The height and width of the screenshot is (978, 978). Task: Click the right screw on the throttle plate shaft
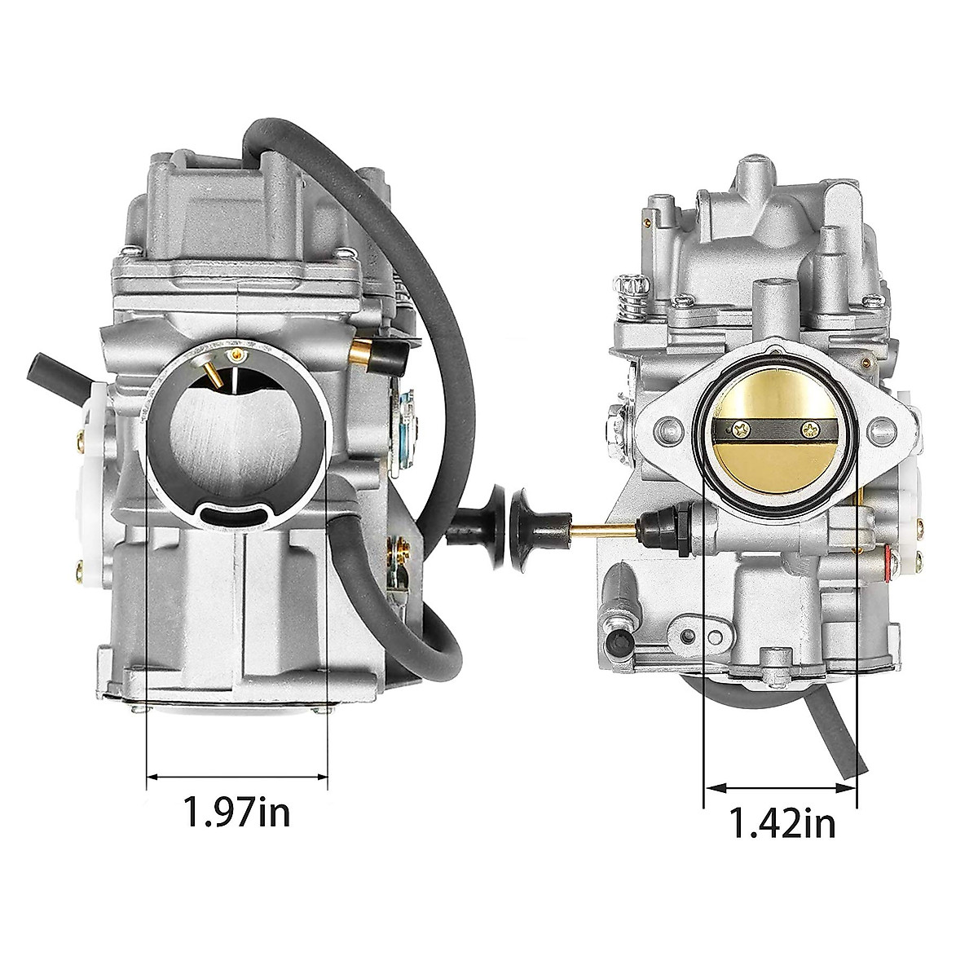click(x=809, y=431)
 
